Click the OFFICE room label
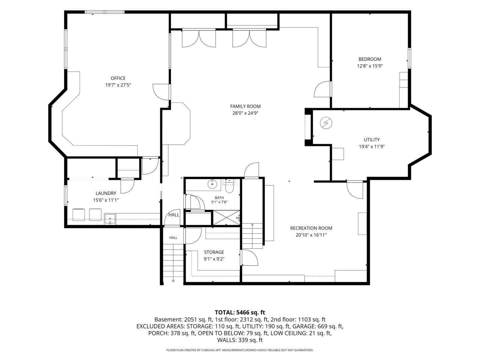click(118, 78)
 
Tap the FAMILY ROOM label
click(245, 106)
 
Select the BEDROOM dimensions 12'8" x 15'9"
click(370, 66)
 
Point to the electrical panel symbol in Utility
click(326, 123)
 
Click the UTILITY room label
click(372, 140)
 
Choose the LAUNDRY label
click(106, 193)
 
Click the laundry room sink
click(110, 219)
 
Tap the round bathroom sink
click(212, 184)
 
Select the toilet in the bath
click(229, 186)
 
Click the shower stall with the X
click(227, 217)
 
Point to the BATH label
click(219, 198)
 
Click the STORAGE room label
click(214, 252)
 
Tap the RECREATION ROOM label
click(311, 228)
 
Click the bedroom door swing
click(322, 89)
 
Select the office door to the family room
click(161, 92)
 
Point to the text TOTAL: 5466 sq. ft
click(240, 312)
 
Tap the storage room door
click(193, 236)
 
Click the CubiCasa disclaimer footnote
click(240, 350)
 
